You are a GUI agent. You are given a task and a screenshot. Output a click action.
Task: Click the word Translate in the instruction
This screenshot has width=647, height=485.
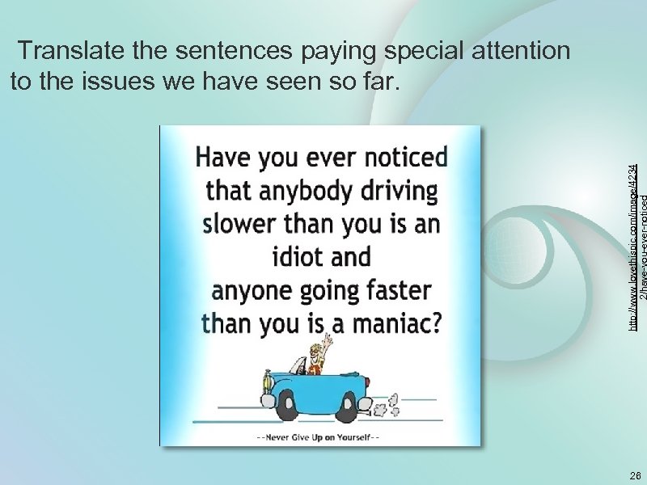(x=71, y=52)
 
